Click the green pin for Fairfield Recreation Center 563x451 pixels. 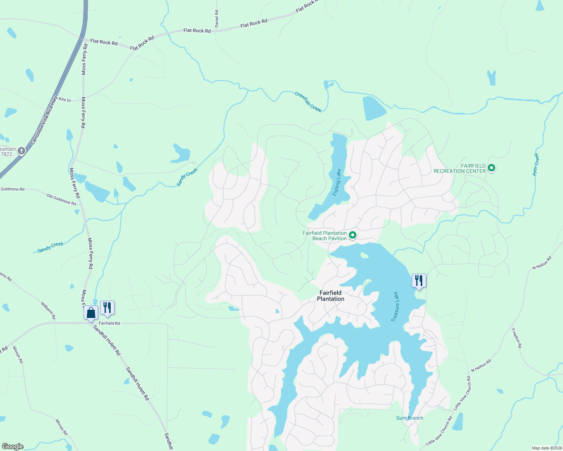point(491,168)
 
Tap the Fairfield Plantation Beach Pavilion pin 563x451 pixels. point(353,236)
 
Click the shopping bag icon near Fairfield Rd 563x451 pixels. point(91,313)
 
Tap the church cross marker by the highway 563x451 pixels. point(21,151)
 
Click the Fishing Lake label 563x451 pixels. point(337,182)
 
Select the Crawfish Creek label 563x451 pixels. point(308,102)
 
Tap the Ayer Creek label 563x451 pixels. point(536,165)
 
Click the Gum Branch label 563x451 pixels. point(409,418)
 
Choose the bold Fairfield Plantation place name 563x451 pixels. point(330,296)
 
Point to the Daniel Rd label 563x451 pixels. point(216,18)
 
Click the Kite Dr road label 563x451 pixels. point(65,100)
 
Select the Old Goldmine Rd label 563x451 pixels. point(61,199)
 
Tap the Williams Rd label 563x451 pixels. point(48,310)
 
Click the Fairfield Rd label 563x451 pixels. point(109,323)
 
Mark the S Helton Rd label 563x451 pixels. point(516,337)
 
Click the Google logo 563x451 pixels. point(12,446)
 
